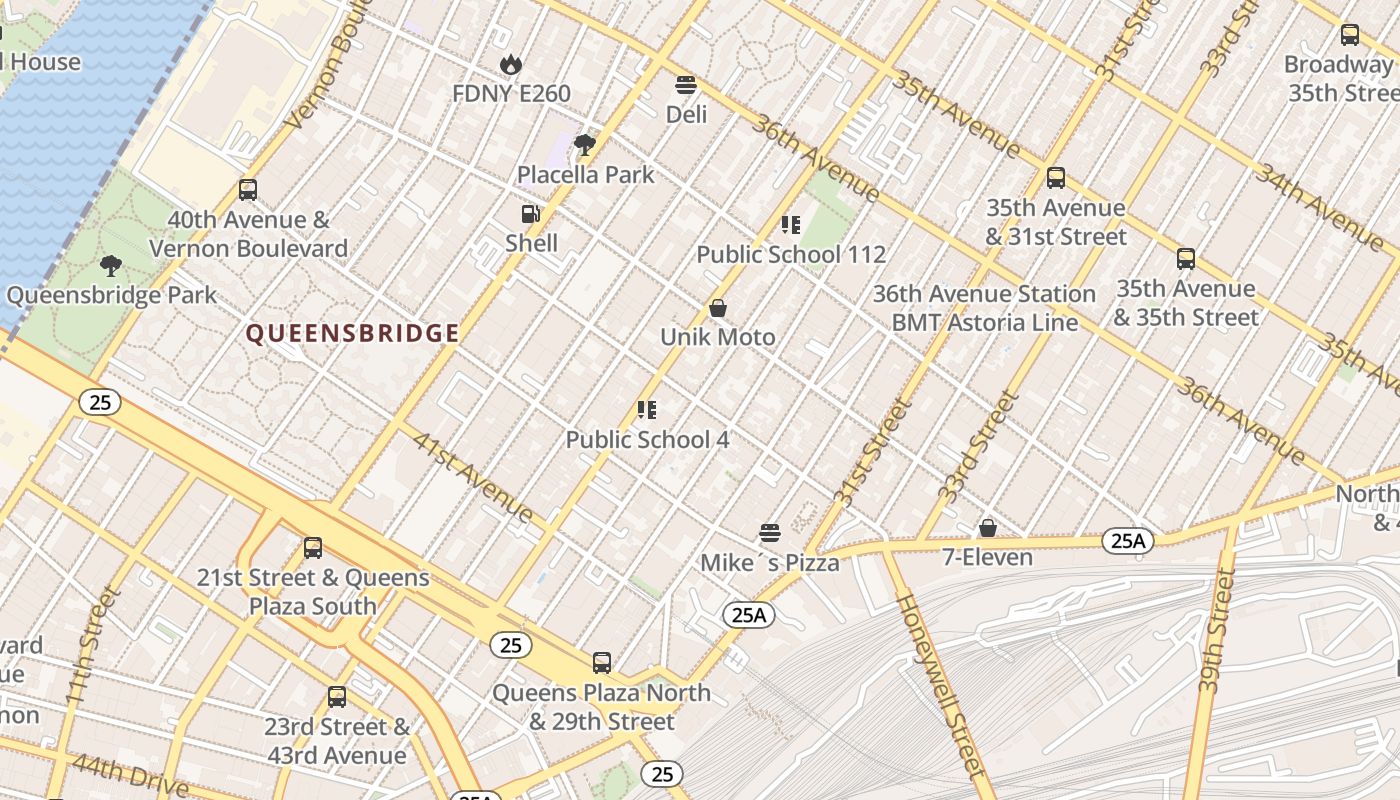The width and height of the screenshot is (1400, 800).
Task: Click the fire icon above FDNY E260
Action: click(511, 65)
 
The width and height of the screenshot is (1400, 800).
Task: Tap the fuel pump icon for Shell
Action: click(531, 214)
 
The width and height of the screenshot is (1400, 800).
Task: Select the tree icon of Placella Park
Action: click(585, 145)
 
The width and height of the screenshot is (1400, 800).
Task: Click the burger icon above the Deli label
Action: click(686, 85)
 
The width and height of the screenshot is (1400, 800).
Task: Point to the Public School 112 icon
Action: click(791, 225)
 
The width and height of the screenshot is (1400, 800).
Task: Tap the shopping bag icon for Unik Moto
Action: click(717, 308)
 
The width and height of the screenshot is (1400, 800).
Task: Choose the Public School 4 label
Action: click(647, 440)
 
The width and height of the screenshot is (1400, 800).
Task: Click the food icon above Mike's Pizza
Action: click(769, 533)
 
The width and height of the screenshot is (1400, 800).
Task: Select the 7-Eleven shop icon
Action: click(988, 528)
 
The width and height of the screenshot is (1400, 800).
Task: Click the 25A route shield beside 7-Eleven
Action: click(1128, 542)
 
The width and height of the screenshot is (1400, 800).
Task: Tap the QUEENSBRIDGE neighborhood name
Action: click(353, 334)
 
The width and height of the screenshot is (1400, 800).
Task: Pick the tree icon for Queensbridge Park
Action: click(111, 266)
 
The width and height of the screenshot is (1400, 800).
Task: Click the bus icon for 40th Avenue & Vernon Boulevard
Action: click(248, 190)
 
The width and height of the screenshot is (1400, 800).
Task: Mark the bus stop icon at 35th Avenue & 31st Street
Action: click(1056, 179)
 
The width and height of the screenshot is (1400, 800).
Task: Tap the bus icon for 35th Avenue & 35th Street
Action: click(1186, 259)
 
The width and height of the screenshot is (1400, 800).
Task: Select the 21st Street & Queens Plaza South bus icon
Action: click(313, 548)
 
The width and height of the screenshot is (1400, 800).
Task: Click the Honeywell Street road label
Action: click(940, 685)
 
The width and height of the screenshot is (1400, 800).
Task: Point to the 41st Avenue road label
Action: click(473, 478)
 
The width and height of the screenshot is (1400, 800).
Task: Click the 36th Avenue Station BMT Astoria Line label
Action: click(984, 308)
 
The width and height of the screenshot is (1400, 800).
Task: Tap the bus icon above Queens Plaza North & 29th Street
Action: click(602, 663)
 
